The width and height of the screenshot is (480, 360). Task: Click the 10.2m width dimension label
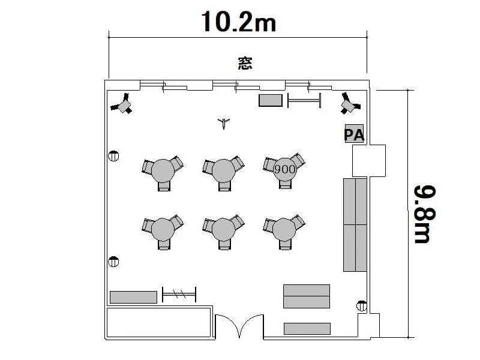(238, 22)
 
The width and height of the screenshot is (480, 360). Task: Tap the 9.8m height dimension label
(425, 214)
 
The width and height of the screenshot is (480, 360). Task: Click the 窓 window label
(245, 63)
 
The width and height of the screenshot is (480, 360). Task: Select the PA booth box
(354, 133)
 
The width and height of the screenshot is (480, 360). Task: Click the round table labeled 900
(284, 169)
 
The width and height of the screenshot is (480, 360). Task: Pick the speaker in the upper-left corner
(122, 104)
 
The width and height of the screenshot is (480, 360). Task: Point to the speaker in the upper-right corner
(350, 103)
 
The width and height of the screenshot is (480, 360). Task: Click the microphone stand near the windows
(224, 123)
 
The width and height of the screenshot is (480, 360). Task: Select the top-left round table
(163, 171)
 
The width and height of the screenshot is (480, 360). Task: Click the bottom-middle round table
(223, 230)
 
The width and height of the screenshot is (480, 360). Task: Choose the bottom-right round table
(284, 230)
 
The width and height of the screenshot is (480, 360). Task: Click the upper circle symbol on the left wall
(113, 156)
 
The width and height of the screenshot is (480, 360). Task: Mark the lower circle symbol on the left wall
(113, 262)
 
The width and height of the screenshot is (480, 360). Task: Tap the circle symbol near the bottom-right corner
(362, 306)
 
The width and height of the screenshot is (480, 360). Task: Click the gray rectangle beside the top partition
(271, 100)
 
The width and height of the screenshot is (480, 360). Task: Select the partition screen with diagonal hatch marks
(179, 294)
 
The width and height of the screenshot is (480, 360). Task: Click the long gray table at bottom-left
(133, 297)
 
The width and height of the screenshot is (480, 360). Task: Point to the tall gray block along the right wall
(355, 225)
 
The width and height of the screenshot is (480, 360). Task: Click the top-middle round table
(223, 171)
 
